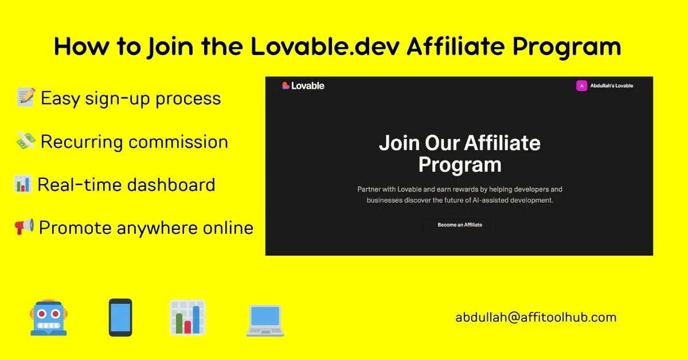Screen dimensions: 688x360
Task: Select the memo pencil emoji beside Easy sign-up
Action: [26, 97]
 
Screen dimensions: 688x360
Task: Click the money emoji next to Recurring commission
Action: [26, 141]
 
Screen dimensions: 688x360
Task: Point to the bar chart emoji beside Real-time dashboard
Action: [22, 184]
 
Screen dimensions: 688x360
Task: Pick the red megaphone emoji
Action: [24, 226]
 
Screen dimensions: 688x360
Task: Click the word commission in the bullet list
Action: [178, 142]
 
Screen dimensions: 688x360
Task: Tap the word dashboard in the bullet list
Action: [171, 185]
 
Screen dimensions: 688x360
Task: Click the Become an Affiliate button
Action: [460, 225]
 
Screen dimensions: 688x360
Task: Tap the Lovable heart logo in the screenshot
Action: [286, 85]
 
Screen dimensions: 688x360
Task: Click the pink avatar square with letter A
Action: [581, 85]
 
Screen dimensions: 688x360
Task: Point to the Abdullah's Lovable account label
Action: [612, 85]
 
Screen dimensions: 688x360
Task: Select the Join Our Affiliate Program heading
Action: [460, 154]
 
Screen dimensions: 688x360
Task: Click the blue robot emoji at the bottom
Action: [49, 318]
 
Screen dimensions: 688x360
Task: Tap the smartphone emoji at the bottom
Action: [120, 318]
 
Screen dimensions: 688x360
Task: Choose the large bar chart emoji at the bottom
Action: [187, 318]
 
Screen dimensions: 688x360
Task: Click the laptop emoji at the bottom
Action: [265, 320]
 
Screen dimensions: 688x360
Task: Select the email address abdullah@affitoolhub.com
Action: [536, 318]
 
